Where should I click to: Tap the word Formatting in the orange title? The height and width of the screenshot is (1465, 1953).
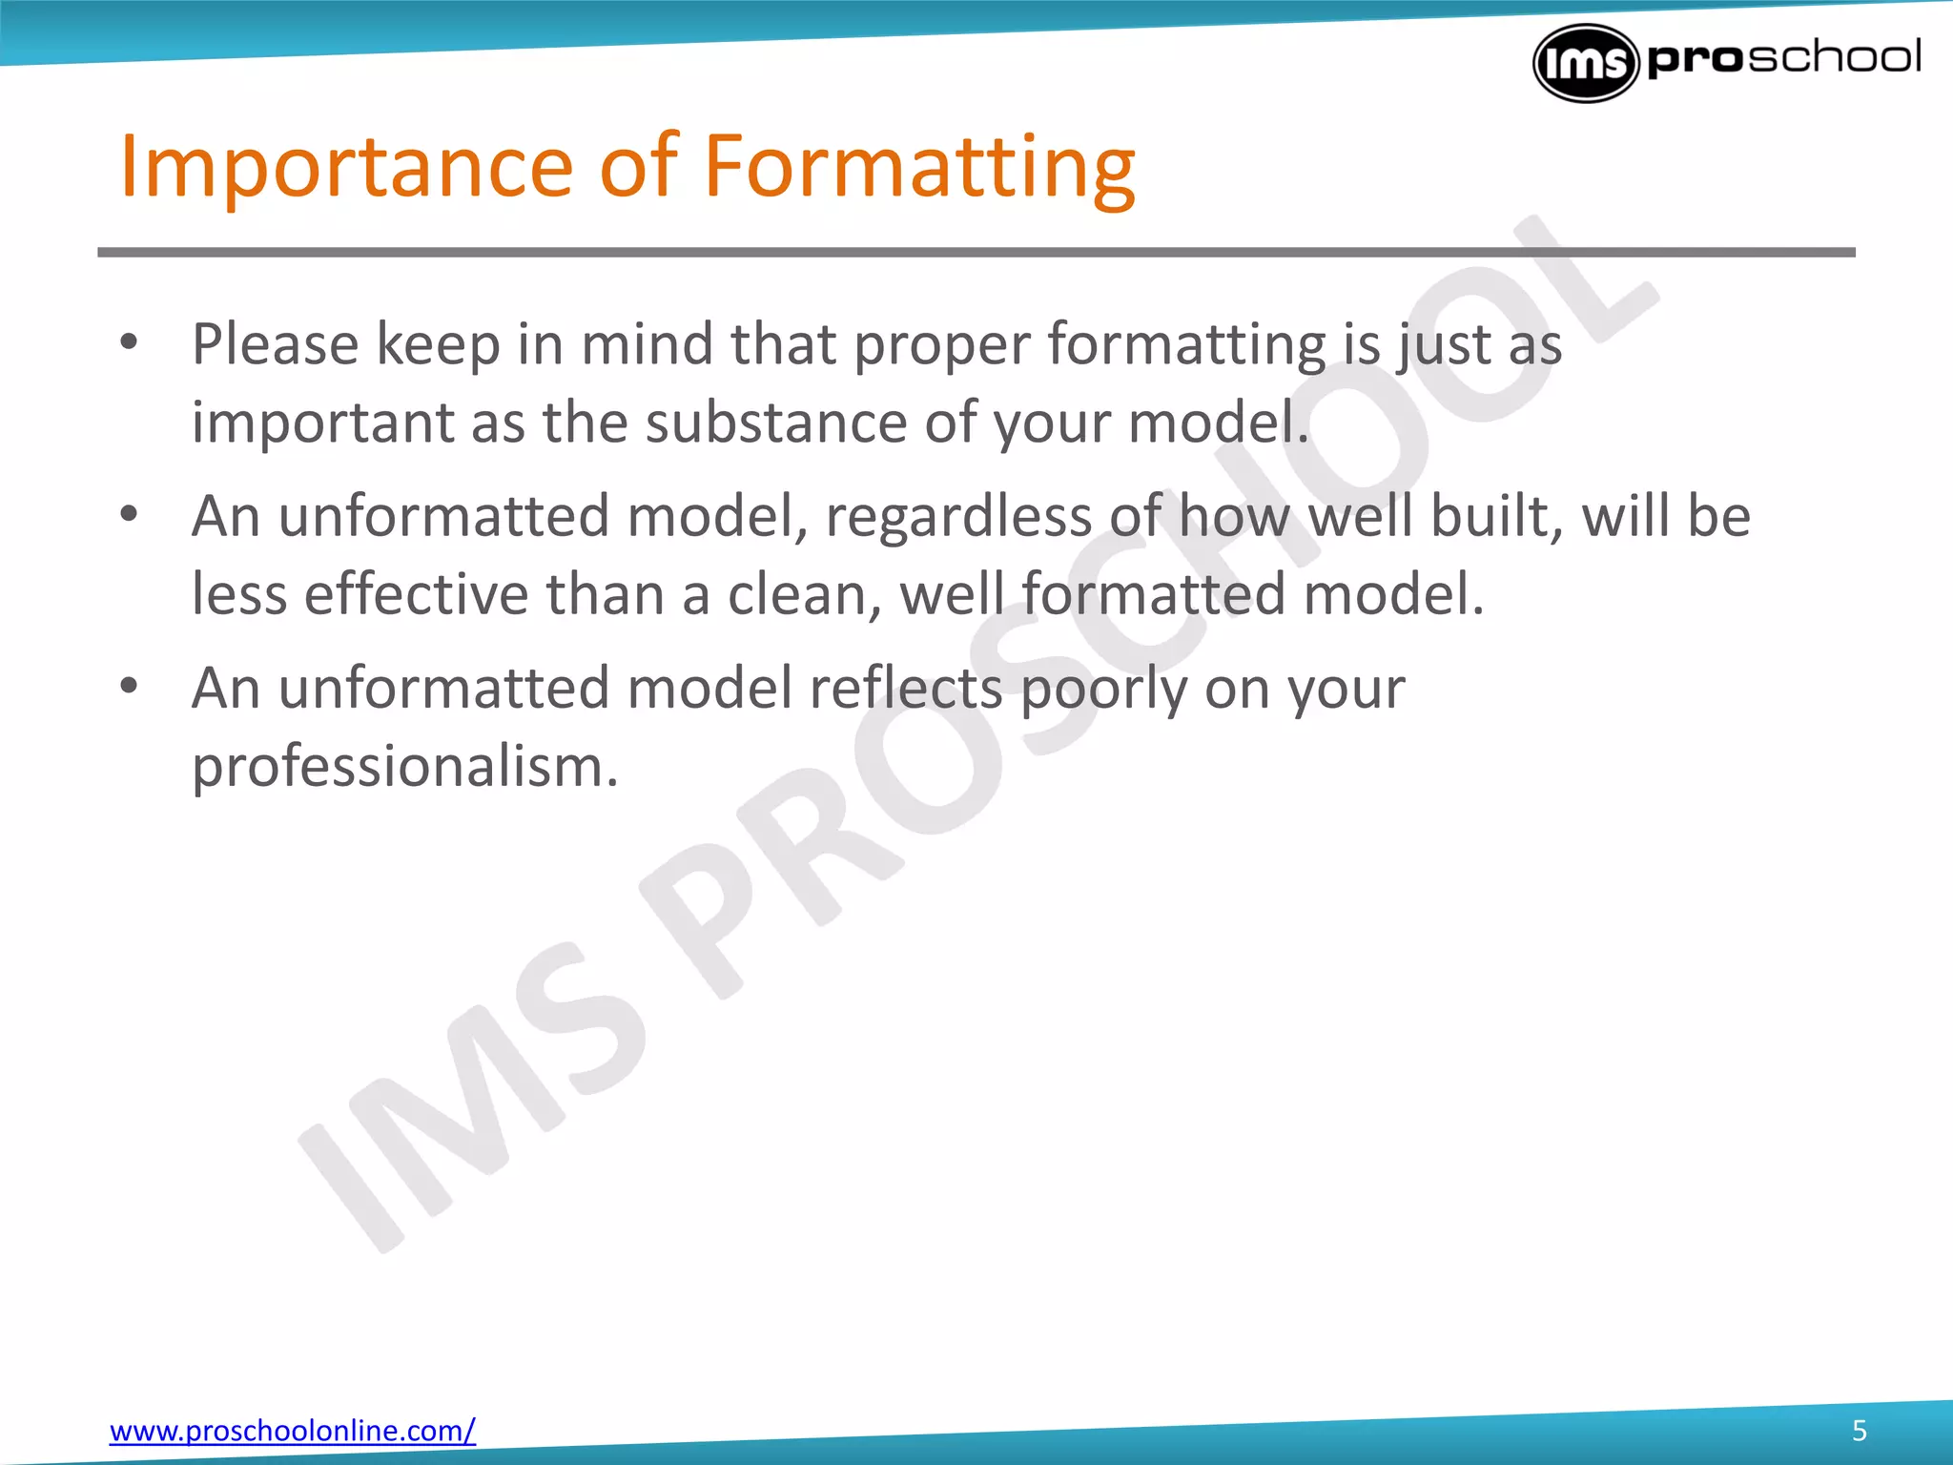point(918,167)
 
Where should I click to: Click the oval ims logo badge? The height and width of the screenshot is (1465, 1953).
point(1584,63)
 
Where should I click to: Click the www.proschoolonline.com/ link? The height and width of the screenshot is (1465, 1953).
point(292,1431)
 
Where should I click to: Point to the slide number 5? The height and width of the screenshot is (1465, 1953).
point(1859,1431)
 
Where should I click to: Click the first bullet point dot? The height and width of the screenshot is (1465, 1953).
point(130,341)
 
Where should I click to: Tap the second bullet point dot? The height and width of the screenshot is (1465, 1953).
point(130,514)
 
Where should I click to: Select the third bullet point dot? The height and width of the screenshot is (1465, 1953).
point(130,686)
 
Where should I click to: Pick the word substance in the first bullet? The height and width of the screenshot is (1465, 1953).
point(775,422)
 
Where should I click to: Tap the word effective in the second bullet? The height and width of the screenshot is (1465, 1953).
point(416,594)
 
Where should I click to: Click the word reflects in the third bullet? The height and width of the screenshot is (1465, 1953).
point(905,688)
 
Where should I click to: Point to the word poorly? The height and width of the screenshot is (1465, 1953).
point(1103,690)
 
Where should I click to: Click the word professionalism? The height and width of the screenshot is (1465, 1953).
point(405,767)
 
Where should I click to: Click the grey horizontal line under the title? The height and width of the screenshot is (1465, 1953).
point(976,253)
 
